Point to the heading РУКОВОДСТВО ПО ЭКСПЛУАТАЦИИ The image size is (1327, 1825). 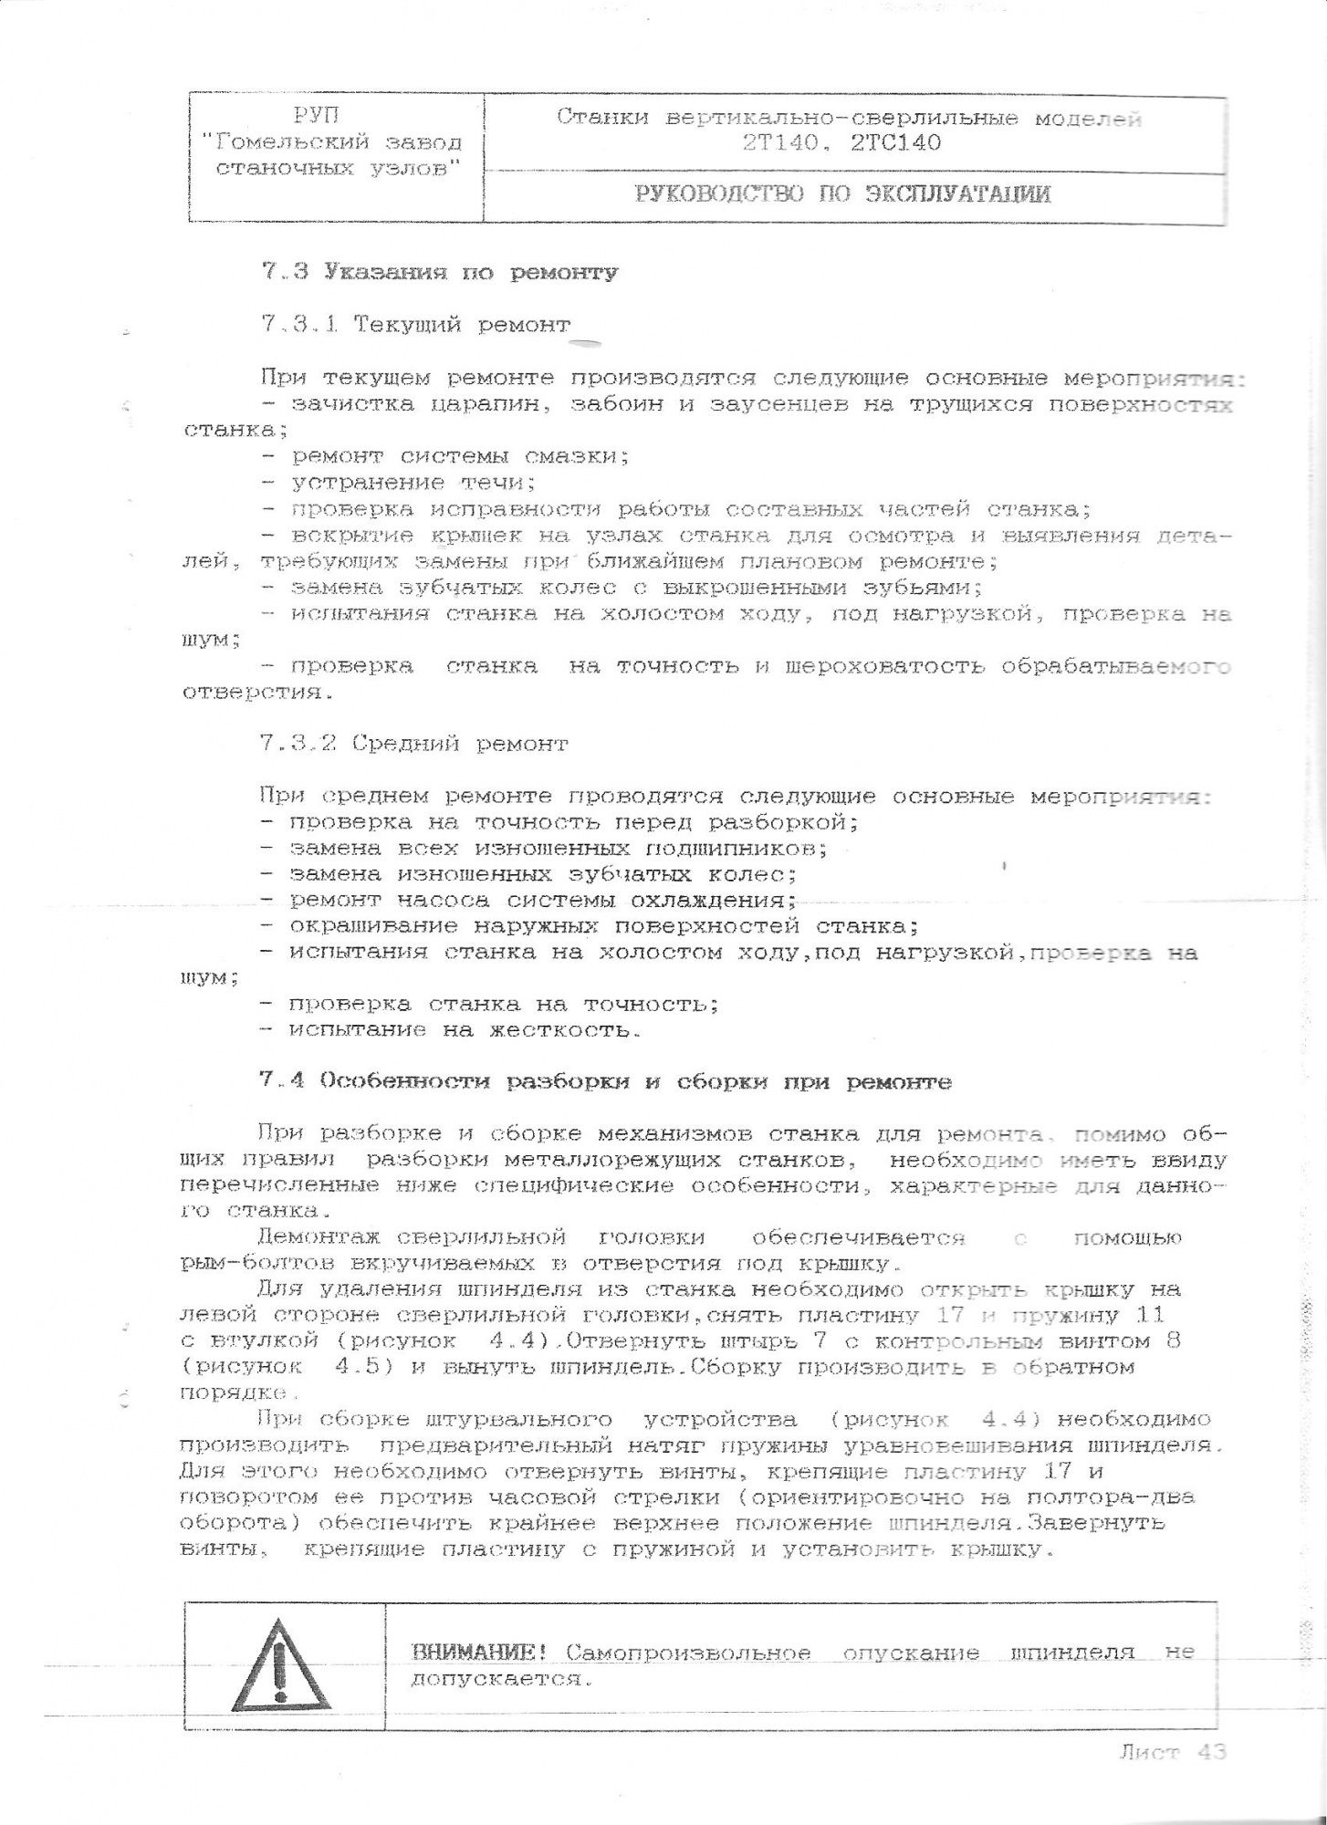(842, 194)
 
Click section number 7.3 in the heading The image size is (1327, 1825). (284, 272)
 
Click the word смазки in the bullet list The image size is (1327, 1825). (571, 456)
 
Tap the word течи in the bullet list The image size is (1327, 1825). (495, 483)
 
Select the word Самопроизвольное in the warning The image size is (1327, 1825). (689, 1653)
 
